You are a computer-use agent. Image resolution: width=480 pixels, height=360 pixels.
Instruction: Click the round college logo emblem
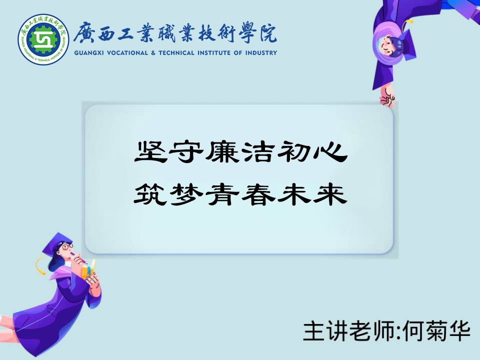(x=43, y=39)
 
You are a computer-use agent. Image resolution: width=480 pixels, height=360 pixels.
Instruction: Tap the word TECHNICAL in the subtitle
(x=176, y=52)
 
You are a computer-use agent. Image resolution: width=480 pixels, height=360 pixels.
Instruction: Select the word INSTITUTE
(x=213, y=52)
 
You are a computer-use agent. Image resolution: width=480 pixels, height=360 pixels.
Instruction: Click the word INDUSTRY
(x=261, y=52)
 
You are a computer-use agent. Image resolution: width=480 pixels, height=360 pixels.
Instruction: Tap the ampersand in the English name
(x=153, y=52)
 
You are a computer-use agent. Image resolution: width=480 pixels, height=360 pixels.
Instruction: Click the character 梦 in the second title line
(x=186, y=194)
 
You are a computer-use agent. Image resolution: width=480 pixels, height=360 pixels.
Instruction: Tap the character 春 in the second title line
(x=258, y=194)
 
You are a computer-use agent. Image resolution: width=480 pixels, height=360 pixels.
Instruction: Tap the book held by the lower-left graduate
(x=88, y=268)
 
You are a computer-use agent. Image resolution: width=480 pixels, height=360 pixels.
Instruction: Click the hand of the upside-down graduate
(x=387, y=97)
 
